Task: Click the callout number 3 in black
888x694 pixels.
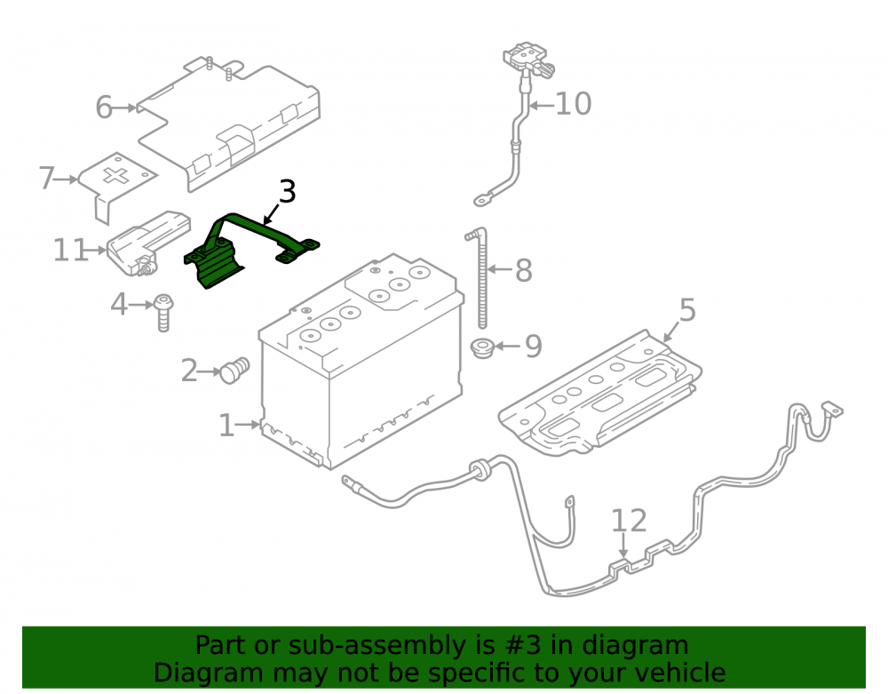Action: coord(288,191)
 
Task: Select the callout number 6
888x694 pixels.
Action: coord(104,107)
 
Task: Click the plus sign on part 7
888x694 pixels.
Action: coord(116,176)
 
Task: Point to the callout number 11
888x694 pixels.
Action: coord(71,250)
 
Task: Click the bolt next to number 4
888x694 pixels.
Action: coord(163,312)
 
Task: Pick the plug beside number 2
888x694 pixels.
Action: coord(234,370)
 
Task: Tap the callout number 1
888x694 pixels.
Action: coord(226,426)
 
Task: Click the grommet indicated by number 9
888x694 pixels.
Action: coord(483,347)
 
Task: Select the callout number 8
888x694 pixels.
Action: coord(524,270)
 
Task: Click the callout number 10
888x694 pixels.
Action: coord(573,104)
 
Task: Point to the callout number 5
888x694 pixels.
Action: coord(687,310)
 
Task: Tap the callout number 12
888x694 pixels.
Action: coord(629,521)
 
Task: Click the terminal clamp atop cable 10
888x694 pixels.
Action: coord(527,60)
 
